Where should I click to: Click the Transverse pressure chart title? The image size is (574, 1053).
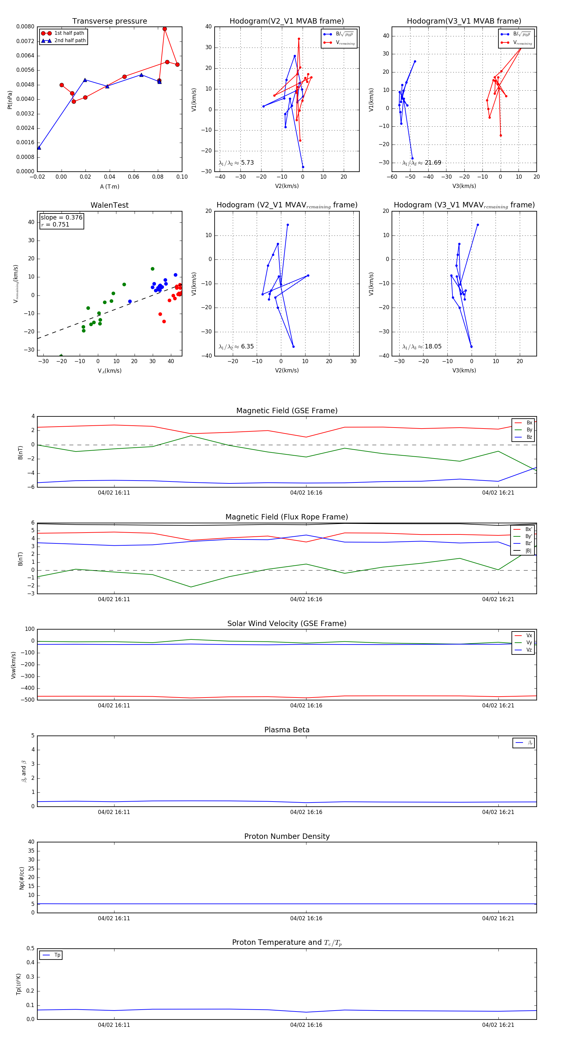click(x=109, y=21)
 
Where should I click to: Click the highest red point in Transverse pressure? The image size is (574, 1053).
click(x=165, y=29)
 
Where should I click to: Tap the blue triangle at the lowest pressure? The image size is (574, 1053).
click(x=39, y=147)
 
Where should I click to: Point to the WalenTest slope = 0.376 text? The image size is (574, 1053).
click(x=61, y=218)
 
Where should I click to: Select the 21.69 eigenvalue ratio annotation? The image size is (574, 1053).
click(x=433, y=163)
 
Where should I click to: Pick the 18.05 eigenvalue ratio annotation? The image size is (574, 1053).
click(x=433, y=347)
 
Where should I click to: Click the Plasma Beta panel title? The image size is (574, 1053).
click(x=287, y=730)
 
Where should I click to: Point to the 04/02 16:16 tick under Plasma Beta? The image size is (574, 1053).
click(x=306, y=812)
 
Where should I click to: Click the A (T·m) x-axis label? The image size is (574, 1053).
click(x=109, y=186)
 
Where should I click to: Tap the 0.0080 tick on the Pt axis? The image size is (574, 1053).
click(x=25, y=26)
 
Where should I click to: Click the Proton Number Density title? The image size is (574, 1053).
click(x=287, y=836)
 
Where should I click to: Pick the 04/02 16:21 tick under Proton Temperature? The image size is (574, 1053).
click(x=498, y=1025)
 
